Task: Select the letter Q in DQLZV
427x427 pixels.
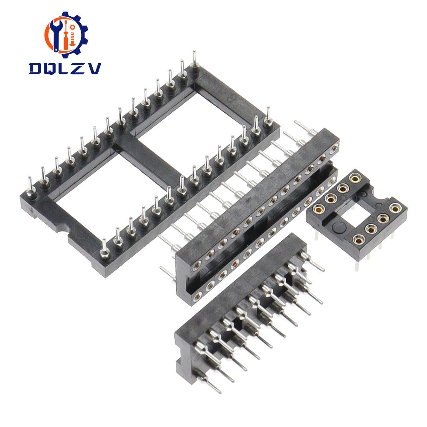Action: [x=52, y=68]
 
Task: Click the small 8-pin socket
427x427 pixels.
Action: [x=357, y=213]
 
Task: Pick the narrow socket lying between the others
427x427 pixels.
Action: [x=256, y=213]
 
